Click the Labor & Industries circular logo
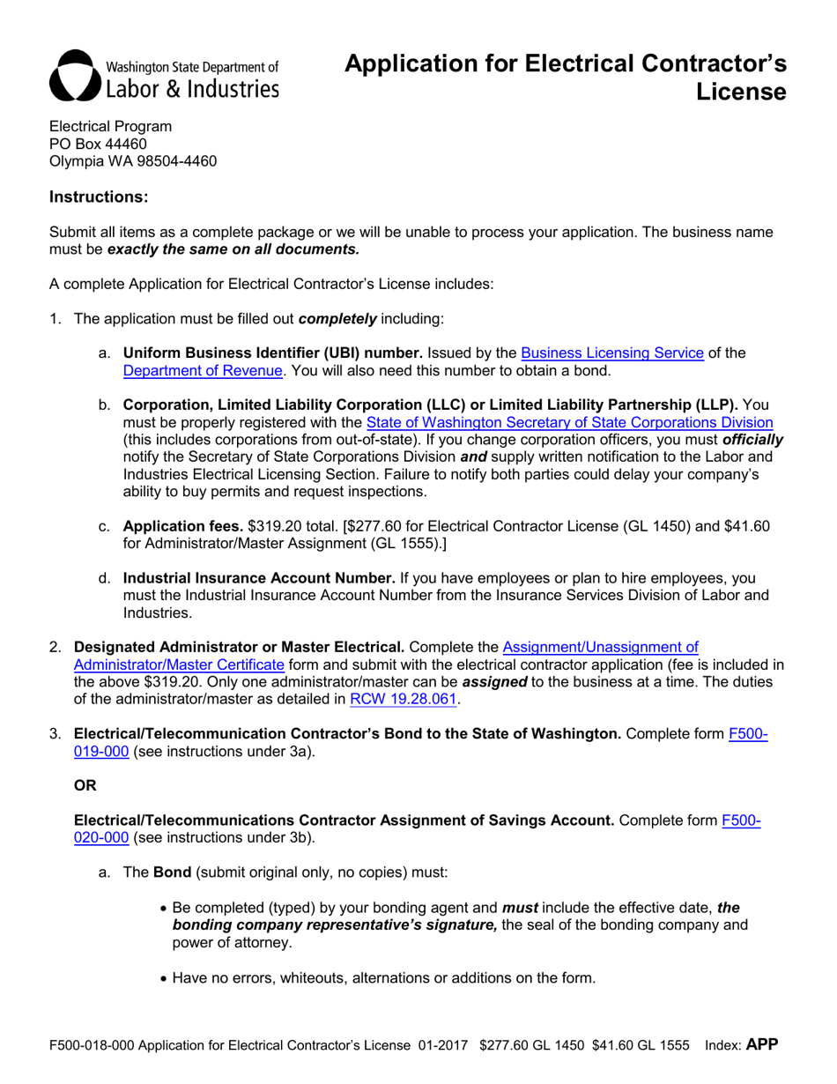pyautogui.click(x=75, y=77)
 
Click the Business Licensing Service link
pyautogui.click(x=612, y=353)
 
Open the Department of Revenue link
pyautogui.click(x=203, y=371)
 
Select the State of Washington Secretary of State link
pyautogui.click(x=569, y=422)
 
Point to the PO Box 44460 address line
pyautogui.click(x=98, y=144)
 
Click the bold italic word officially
pyautogui.click(x=752, y=440)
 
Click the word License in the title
pyautogui.click(x=741, y=92)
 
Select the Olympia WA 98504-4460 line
pyautogui.click(x=132, y=161)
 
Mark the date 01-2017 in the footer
pyautogui.click(x=443, y=1046)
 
